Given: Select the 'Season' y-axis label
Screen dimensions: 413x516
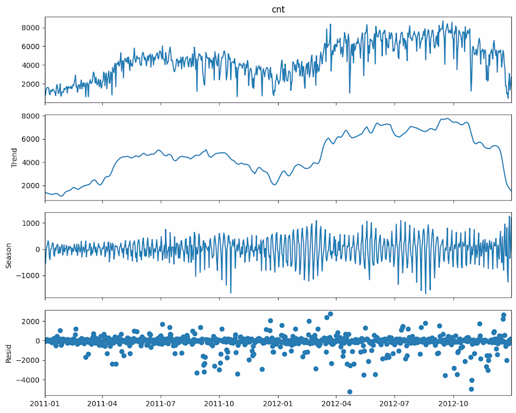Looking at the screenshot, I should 8,255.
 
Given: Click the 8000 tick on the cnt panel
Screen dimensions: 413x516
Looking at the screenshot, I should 33,28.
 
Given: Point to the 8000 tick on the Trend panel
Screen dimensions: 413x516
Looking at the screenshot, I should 33,116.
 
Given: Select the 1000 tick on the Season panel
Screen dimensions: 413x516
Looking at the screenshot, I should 33,223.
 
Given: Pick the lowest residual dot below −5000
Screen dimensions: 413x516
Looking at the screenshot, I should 349,392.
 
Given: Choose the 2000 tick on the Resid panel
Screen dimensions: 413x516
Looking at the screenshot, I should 33,321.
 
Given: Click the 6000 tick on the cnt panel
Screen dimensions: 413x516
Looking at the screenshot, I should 33,47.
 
